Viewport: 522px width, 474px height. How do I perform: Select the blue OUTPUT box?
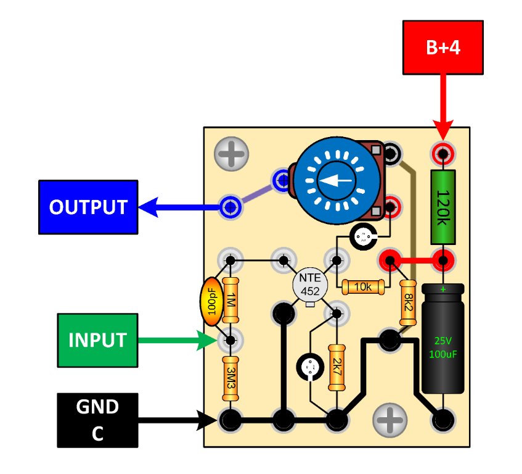coord(88,207)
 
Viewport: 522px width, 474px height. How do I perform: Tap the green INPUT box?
coord(97,339)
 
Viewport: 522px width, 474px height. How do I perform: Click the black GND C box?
coord(97,420)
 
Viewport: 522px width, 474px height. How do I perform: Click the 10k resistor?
coord(363,287)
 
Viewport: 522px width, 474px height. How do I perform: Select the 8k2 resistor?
coord(408,303)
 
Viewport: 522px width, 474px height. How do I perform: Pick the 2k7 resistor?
coord(336,368)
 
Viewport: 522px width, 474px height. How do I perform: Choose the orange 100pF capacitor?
coord(211,303)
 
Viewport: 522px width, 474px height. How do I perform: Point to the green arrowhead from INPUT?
coord(207,340)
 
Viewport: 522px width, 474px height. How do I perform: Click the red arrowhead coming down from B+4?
coord(443,130)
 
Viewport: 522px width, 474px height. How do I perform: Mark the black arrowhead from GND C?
coord(209,421)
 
